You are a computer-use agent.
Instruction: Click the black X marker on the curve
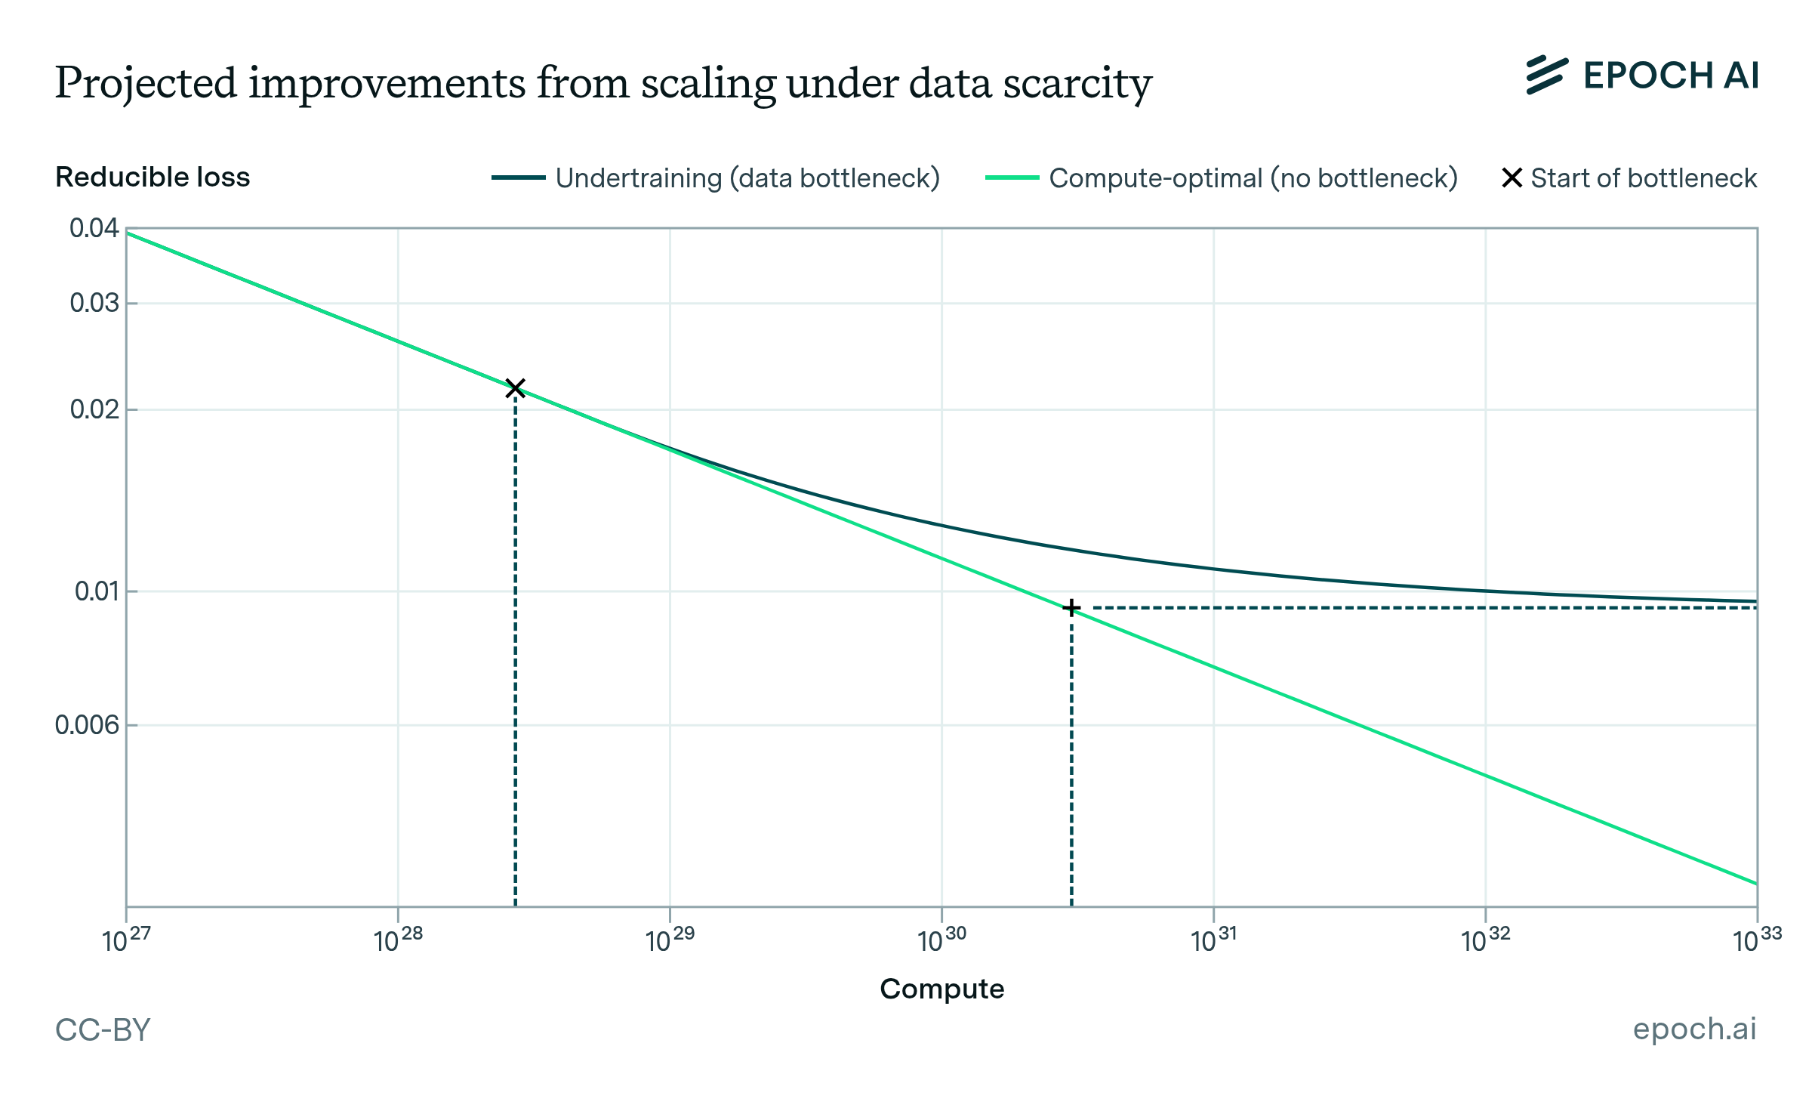tap(516, 388)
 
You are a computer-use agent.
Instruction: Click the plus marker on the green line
tap(1071, 608)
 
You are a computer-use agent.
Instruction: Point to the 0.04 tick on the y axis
tap(94, 228)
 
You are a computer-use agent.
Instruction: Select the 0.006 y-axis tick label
tap(87, 725)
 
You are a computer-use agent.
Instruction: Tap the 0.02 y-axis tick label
tap(94, 409)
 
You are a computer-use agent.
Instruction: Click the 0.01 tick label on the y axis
tap(97, 591)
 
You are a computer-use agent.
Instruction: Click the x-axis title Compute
tap(941, 989)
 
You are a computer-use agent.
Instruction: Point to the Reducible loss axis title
tap(153, 177)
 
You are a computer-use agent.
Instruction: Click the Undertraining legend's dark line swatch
tap(518, 178)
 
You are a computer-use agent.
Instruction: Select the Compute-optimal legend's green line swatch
tap(1012, 178)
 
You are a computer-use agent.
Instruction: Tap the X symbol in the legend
tap(1512, 178)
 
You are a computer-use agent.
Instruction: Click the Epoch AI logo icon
tap(1546, 76)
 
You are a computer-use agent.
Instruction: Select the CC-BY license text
tap(103, 1029)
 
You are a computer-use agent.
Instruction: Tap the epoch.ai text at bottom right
tap(1694, 1029)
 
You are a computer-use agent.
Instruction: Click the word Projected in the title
tap(146, 83)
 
